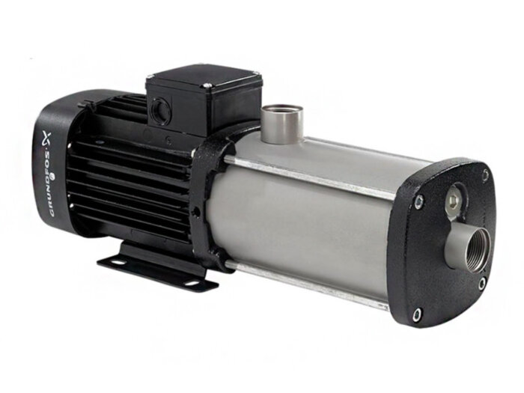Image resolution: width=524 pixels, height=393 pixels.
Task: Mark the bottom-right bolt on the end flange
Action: (x=481, y=283)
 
